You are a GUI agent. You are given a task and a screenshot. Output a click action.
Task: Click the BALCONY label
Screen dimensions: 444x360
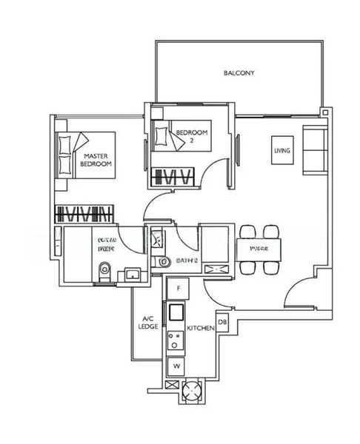(239, 73)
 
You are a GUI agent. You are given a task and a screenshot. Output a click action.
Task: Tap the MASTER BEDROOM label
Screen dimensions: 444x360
(97, 160)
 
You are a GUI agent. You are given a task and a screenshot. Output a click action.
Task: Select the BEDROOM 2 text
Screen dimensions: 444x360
(192, 135)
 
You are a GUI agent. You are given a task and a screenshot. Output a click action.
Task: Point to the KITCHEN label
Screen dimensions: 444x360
(200, 327)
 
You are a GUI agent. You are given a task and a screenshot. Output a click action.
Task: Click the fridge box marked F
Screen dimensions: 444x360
(178, 286)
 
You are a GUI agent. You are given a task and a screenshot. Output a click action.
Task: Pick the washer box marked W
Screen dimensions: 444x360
(177, 366)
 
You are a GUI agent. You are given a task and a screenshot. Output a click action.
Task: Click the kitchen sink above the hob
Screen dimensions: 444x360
(177, 311)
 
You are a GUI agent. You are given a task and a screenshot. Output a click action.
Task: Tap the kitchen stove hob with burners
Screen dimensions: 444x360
(177, 340)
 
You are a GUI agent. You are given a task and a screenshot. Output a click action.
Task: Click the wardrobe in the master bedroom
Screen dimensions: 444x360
(84, 214)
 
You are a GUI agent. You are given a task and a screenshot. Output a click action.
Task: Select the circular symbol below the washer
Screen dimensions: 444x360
(193, 388)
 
